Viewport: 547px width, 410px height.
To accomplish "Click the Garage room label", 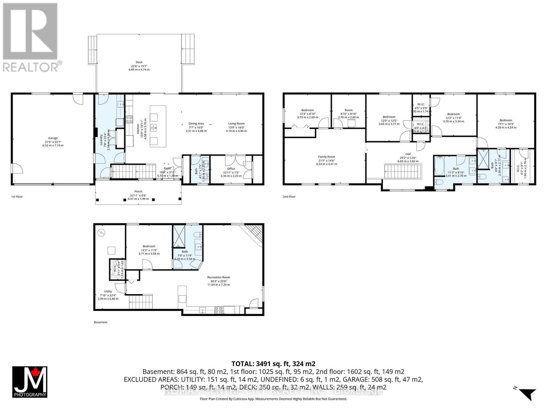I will coord(53,138).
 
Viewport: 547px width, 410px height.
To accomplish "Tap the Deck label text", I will coord(139,62).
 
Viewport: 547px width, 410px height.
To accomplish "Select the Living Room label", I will coord(236,124).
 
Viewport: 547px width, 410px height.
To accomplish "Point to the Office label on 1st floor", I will coord(231,169).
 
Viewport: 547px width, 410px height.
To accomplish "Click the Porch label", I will coord(138,192).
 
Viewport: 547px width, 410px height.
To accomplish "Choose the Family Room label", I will coord(326,157).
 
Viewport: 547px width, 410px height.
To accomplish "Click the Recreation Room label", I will coord(218,277).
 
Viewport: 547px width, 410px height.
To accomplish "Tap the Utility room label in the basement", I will coord(108,291).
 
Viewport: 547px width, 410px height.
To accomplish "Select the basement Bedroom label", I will coord(149,246).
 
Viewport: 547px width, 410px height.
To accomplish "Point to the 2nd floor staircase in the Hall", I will coord(403,171).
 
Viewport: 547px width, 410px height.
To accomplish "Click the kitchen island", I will coord(158,126).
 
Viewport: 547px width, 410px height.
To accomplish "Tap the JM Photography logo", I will coord(30,382).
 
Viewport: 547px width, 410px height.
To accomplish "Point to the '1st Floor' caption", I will coord(17,197).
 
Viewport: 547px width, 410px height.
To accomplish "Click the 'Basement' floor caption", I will coord(101,322).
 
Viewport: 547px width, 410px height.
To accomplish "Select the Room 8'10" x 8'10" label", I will coord(348,110).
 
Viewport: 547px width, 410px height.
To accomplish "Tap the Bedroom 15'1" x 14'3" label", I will coord(506,120).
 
